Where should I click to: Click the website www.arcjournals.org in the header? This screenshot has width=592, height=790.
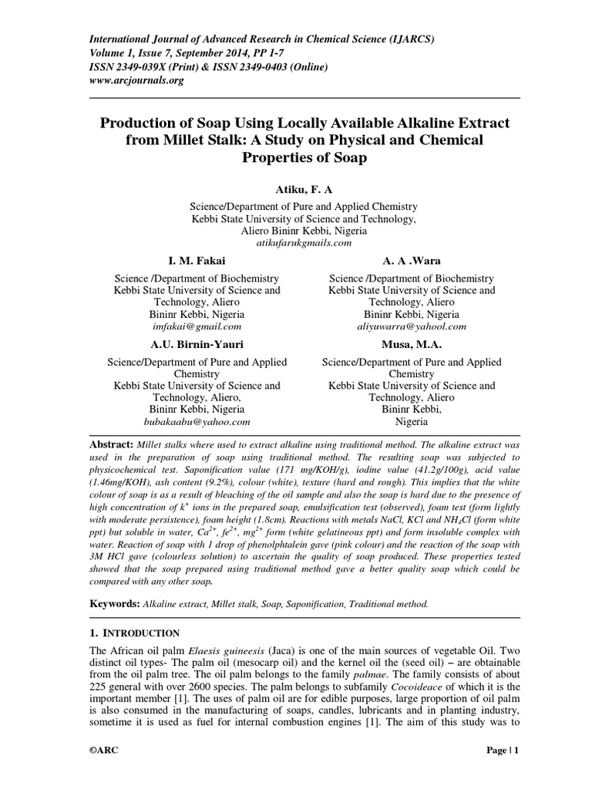(x=137, y=80)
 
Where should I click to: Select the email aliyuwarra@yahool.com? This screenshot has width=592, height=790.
(x=412, y=326)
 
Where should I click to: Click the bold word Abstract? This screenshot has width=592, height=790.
(x=111, y=445)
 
